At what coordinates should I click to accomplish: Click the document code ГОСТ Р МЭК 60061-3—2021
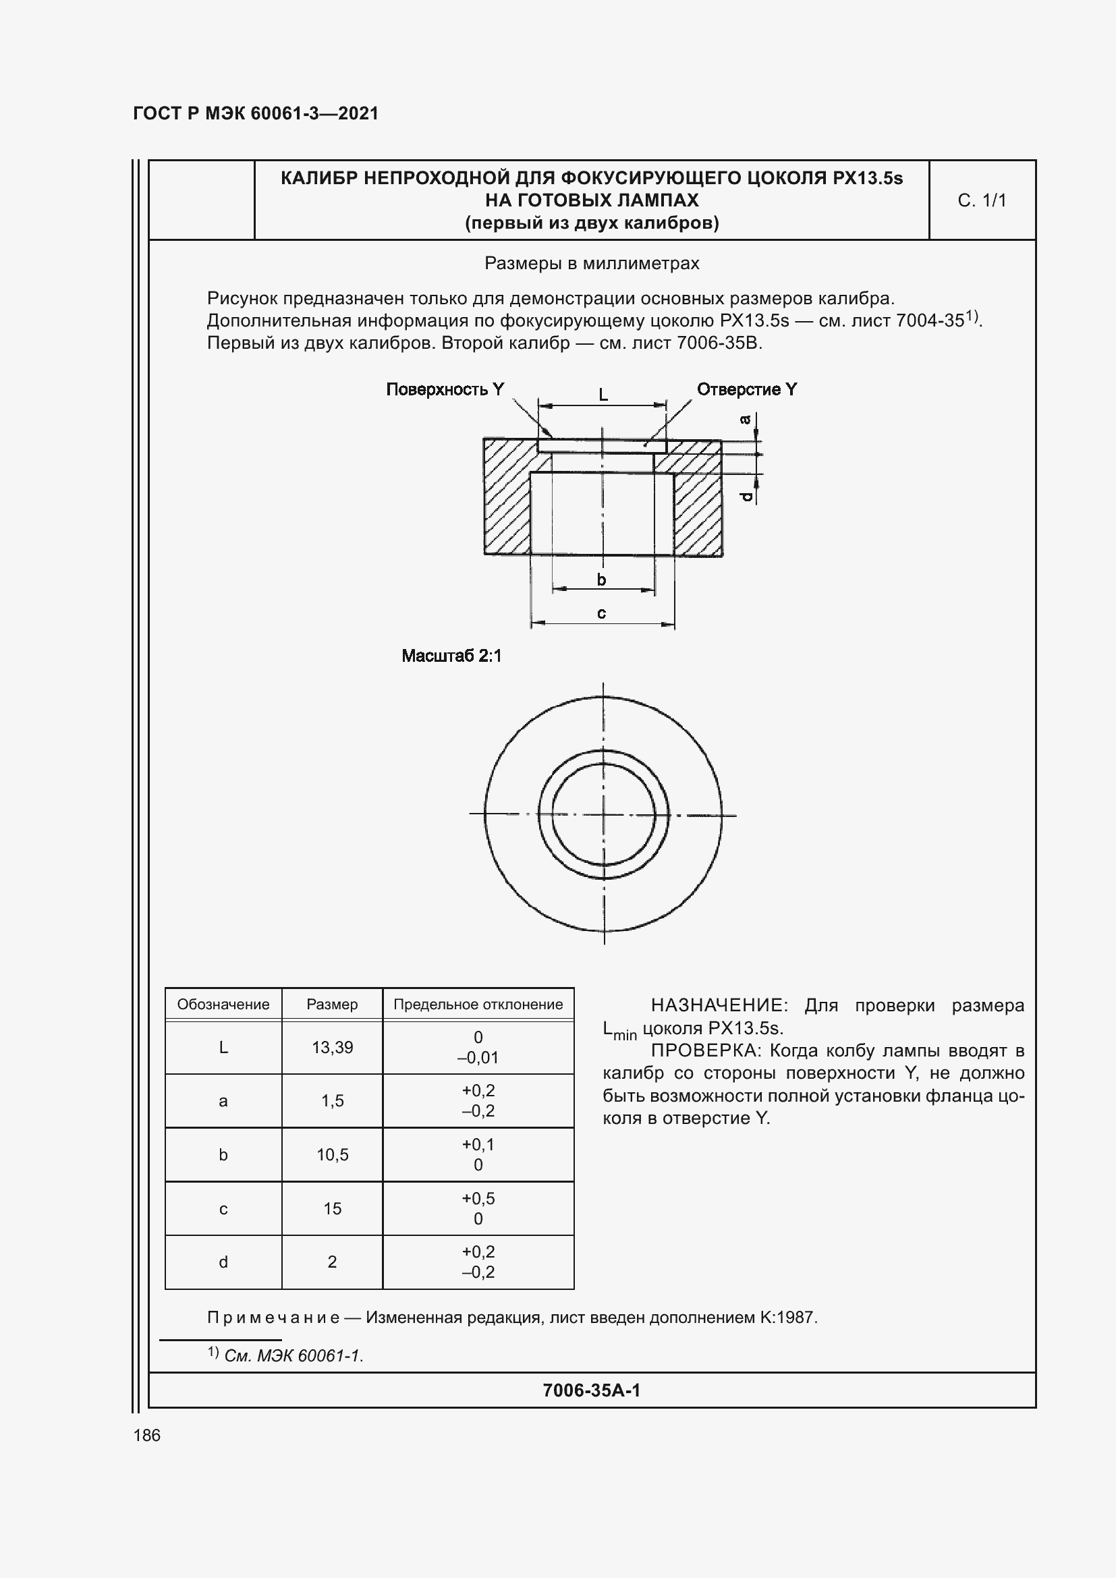[256, 113]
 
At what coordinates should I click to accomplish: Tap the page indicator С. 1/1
[981, 200]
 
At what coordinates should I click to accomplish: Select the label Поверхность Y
[445, 390]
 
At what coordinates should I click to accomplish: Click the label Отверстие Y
[746, 390]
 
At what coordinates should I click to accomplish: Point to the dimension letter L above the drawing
[603, 395]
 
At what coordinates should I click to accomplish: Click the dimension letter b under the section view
[601, 580]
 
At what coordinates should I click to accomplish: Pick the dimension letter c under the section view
[601, 613]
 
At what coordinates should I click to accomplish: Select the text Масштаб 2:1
[451, 656]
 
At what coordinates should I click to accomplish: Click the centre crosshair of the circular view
[603, 815]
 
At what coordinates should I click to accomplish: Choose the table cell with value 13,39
[332, 1048]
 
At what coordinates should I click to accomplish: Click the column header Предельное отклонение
[478, 1005]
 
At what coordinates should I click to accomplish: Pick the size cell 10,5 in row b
[332, 1154]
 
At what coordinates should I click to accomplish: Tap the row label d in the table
[223, 1262]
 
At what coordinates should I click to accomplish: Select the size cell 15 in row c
[332, 1208]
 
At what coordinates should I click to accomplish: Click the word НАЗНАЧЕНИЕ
[721, 1005]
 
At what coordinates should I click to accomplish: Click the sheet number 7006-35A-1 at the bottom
[591, 1390]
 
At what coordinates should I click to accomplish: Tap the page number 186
[146, 1435]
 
